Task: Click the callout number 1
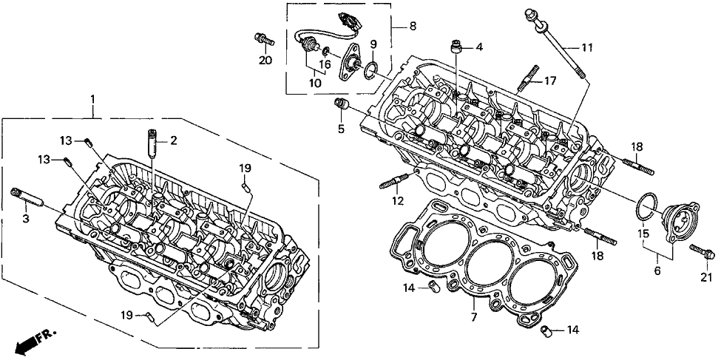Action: [x=92, y=98]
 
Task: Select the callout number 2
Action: [x=174, y=140]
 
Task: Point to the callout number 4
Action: [x=479, y=48]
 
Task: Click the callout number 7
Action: [x=474, y=319]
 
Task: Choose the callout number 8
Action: [x=413, y=27]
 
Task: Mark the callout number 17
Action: [x=550, y=81]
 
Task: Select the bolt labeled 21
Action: [x=701, y=252]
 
